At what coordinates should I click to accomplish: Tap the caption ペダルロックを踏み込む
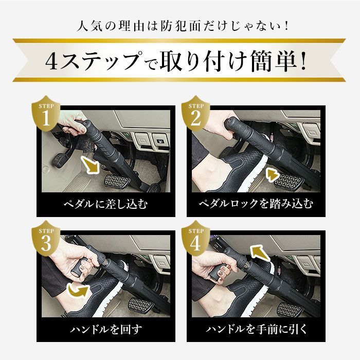click(x=256, y=204)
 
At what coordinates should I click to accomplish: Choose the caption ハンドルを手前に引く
click(x=256, y=329)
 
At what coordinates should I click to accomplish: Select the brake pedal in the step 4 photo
click(x=291, y=309)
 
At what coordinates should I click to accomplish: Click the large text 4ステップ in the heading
click(x=93, y=62)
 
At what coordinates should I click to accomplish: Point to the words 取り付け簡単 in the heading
click(x=231, y=62)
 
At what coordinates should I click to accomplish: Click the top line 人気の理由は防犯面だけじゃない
click(x=179, y=25)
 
